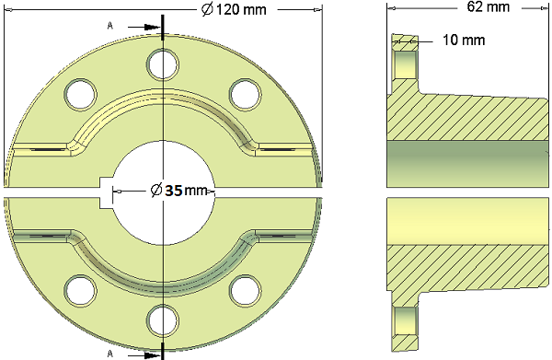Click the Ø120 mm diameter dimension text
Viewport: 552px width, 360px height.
[x=234, y=9]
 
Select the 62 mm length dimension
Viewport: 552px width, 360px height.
[x=489, y=6]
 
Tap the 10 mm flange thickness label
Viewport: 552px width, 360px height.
[x=464, y=41]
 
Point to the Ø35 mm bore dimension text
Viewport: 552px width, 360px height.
[x=178, y=191]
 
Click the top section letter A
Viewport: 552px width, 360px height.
[x=110, y=26]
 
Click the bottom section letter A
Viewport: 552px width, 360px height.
[x=110, y=354]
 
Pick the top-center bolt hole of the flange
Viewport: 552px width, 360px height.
[x=163, y=64]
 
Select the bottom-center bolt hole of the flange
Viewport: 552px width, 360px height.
[x=163, y=320]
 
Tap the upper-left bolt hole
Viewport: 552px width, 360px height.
[x=80, y=94]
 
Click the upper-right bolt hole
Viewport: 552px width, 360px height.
[x=246, y=95]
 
